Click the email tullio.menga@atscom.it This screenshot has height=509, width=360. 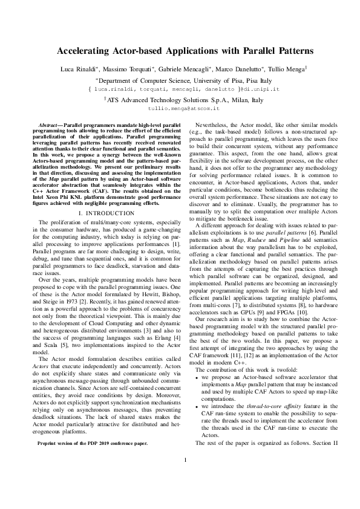[180, 109]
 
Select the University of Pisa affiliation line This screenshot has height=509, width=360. [180, 79]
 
